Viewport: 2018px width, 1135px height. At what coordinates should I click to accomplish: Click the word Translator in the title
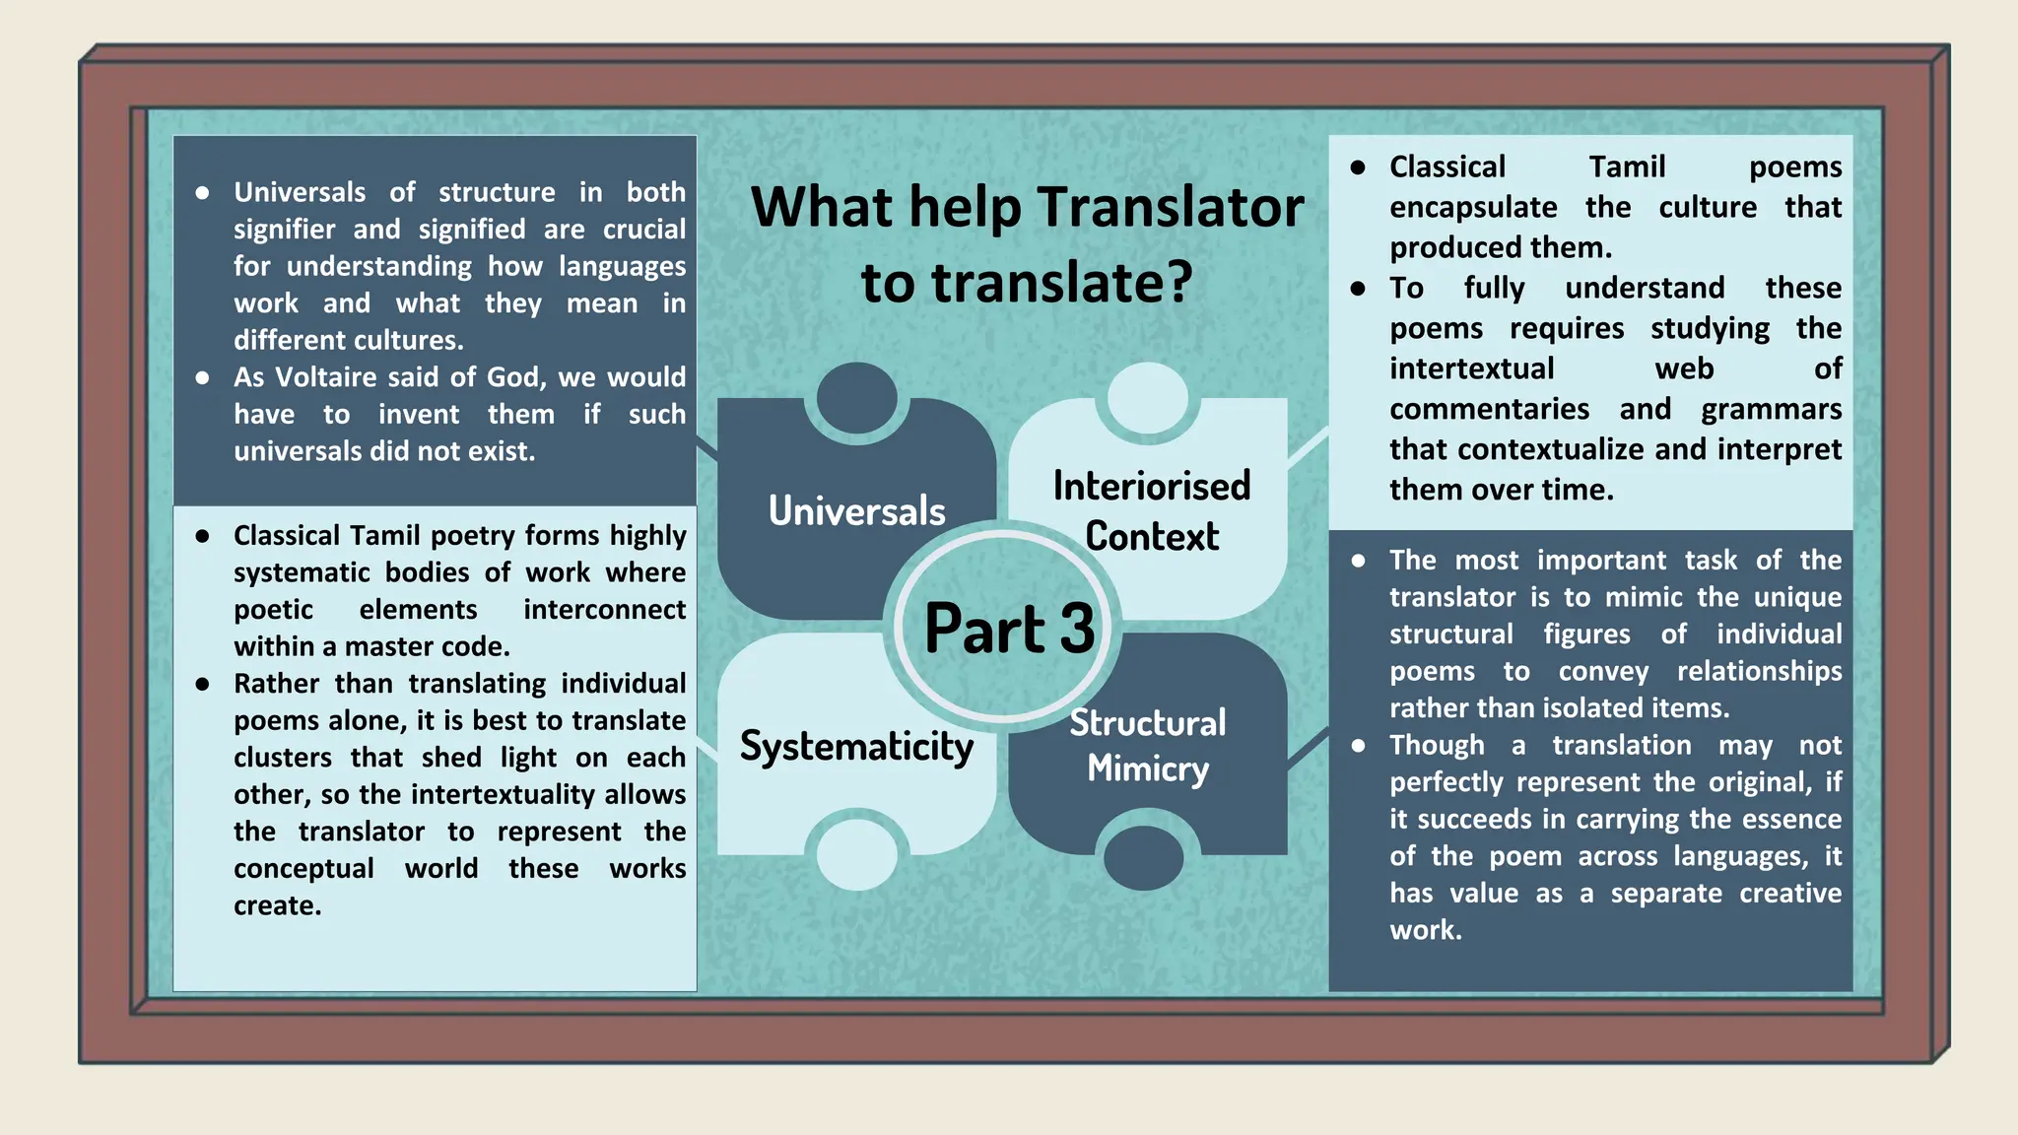pos(1171,208)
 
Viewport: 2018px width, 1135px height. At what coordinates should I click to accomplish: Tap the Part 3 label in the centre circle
pos(1009,629)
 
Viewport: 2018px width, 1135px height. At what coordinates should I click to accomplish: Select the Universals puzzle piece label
pos(856,511)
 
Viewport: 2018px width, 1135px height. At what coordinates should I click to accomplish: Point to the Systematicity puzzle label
pos(856,747)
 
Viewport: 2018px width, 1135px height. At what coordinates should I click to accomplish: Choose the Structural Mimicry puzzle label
pos(1148,746)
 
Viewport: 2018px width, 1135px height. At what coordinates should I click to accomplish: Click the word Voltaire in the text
pos(326,377)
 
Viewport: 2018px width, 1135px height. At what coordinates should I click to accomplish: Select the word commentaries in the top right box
pos(1489,409)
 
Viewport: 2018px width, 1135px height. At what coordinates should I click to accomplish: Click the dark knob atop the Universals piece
pos(856,398)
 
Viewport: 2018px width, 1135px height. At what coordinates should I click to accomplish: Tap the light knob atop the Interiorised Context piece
pos(1147,398)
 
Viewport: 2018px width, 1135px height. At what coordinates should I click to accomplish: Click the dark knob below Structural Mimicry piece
pos(1143,857)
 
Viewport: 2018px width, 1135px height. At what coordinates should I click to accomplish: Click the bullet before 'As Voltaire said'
pos(202,378)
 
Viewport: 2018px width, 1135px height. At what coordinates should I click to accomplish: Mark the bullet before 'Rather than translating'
pos(202,684)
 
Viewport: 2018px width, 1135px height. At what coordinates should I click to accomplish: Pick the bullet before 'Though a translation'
pos(1358,746)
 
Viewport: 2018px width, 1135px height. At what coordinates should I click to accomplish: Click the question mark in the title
pos(1177,283)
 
